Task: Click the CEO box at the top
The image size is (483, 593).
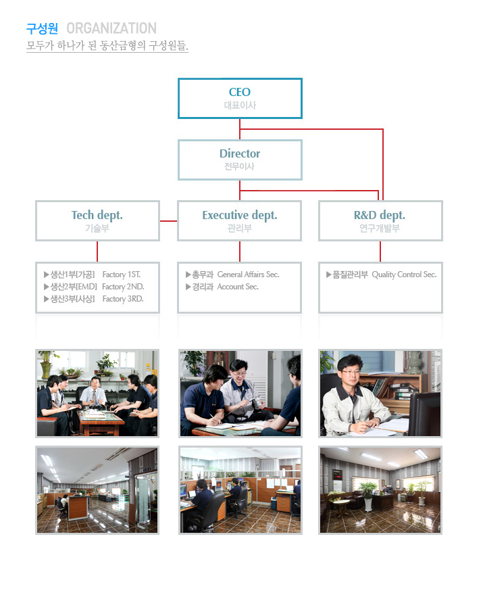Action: pyautogui.click(x=240, y=98)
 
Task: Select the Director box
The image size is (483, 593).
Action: pyautogui.click(x=240, y=160)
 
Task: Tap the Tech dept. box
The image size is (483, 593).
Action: pyautogui.click(x=97, y=220)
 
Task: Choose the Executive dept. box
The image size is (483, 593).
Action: pyautogui.click(x=240, y=220)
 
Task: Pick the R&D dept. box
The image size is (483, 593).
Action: pyautogui.click(x=380, y=220)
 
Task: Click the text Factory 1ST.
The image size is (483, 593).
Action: pyautogui.click(x=122, y=275)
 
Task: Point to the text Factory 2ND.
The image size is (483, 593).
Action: pyautogui.click(x=123, y=287)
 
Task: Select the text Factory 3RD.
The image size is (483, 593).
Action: pyautogui.click(x=123, y=299)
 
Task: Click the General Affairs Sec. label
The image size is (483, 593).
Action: pyautogui.click(x=248, y=275)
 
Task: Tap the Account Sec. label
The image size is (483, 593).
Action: pyautogui.click(x=238, y=287)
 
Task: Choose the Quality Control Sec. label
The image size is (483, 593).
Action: pyautogui.click(x=404, y=275)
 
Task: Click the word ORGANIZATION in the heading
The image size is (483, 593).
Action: pyautogui.click(x=111, y=28)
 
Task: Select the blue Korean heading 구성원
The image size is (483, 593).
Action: pyautogui.click(x=42, y=28)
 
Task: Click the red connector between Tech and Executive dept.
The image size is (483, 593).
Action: pyautogui.click(x=168, y=220)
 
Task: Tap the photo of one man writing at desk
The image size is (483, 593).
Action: pyautogui.click(x=380, y=393)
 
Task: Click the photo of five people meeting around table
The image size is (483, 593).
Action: pyautogui.click(x=97, y=393)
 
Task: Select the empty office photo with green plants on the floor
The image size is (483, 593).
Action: pyautogui.click(x=380, y=490)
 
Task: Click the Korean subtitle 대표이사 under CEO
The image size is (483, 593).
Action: pyautogui.click(x=240, y=105)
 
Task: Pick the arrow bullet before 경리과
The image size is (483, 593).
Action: pyautogui.click(x=188, y=287)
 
